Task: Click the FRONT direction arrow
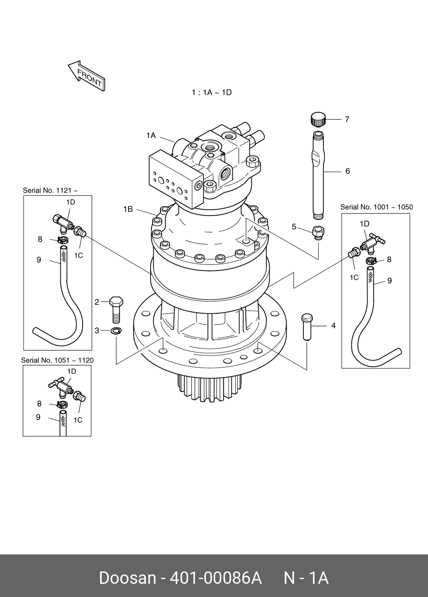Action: click(86, 75)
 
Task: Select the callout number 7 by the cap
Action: click(347, 119)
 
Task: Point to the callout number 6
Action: click(348, 171)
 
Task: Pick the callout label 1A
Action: click(151, 136)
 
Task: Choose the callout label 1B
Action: click(128, 209)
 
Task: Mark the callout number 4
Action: click(333, 326)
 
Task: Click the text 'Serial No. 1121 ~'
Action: click(50, 190)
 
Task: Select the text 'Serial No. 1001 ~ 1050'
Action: click(377, 207)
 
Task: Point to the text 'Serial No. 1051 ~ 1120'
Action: click(57, 360)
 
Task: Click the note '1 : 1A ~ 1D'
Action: click(211, 92)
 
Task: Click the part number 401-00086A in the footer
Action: click(215, 578)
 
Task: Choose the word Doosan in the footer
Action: click(127, 578)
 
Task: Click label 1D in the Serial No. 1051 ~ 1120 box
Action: click(71, 372)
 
